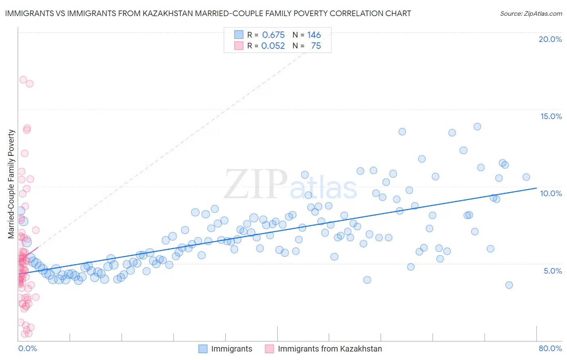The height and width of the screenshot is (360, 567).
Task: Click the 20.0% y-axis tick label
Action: pyautogui.click(x=550, y=39)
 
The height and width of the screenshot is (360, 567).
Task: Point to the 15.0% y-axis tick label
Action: pyautogui.click(x=551, y=116)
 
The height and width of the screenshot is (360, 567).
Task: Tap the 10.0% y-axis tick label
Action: pyautogui.click(x=551, y=193)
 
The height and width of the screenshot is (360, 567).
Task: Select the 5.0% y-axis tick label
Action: pyautogui.click(x=552, y=271)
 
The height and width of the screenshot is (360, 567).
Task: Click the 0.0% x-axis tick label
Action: pyautogui.click(x=27, y=348)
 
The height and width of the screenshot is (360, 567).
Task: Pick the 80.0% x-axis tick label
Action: pyautogui.click(x=550, y=348)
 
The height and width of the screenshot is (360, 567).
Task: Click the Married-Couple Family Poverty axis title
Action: pyautogui.click(x=11, y=184)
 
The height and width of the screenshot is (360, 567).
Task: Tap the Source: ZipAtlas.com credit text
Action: pyautogui.click(x=531, y=13)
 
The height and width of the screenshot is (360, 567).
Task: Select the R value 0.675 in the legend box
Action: pyautogui.click(x=273, y=35)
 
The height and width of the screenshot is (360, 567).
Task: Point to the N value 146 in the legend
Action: pyautogui.click(x=314, y=35)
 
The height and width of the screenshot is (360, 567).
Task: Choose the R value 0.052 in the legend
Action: pyautogui.click(x=273, y=46)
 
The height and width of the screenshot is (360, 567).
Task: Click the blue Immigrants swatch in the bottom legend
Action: pyautogui.click(x=203, y=349)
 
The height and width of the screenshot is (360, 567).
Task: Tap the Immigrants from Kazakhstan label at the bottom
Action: pyautogui.click(x=329, y=349)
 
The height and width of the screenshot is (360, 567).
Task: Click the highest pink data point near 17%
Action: pyautogui.click(x=23, y=80)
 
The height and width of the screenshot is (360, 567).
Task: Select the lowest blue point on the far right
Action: pyautogui.click(x=509, y=285)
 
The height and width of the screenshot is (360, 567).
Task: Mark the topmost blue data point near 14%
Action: pyautogui.click(x=477, y=127)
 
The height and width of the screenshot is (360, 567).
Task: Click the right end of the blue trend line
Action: pyautogui.click(x=536, y=188)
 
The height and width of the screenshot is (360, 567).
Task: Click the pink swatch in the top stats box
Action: pyautogui.click(x=239, y=46)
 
